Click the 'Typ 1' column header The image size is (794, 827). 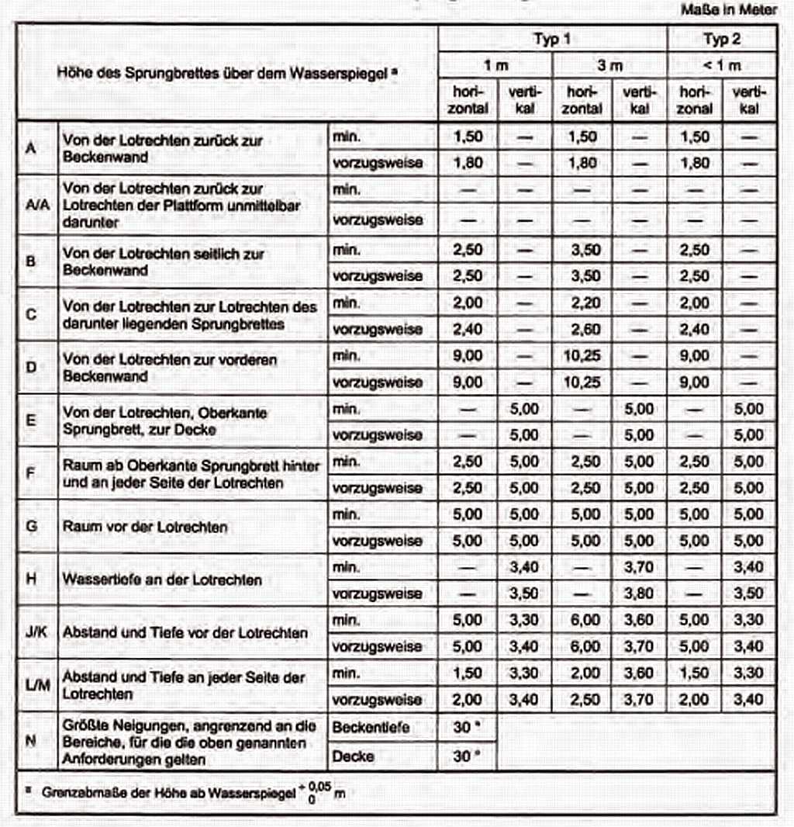[551, 40]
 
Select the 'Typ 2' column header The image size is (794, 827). [722, 40]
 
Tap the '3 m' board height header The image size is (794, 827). [609, 66]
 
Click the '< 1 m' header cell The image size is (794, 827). [722, 66]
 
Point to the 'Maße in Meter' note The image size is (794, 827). [729, 11]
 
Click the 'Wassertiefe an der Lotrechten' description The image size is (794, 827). [162, 580]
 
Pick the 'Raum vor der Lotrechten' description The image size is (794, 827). [145, 527]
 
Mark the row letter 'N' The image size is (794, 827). [30, 740]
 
